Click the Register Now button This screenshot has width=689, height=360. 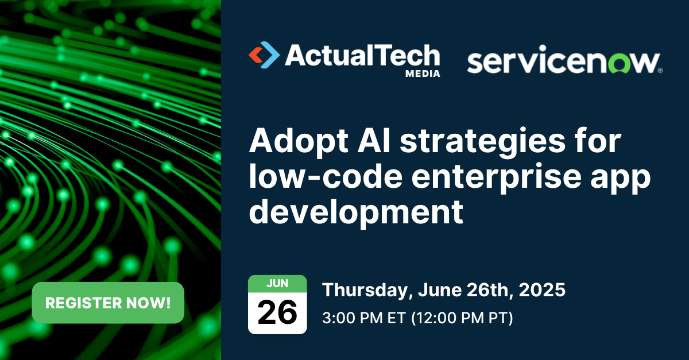(108, 303)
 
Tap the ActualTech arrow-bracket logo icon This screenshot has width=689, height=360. (264, 55)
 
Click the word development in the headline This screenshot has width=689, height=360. (356, 212)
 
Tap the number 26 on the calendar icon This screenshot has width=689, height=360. (277, 312)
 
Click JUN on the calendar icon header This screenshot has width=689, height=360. (277, 283)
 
